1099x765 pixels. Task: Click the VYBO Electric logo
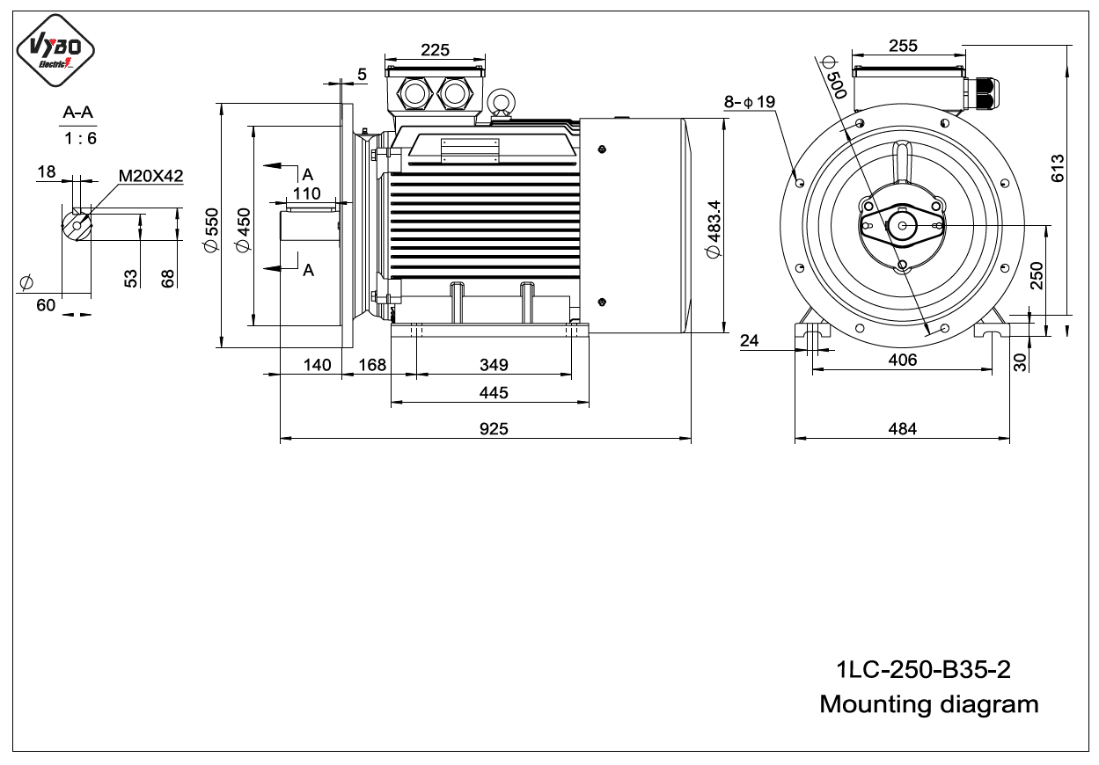(x=55, y=50)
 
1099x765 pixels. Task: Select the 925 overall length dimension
(x=494, y=429)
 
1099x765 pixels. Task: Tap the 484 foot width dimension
(x=902, y=429)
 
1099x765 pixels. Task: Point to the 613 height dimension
(x=1058, y=168)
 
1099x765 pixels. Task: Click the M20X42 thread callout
(x=150, y=176)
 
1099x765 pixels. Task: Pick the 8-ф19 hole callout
(x=749, y=102)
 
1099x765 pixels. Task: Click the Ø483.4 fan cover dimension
(x=714, y=229)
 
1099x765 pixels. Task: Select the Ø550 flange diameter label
(x=211, y=230)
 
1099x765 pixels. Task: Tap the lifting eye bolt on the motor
(x=501, y=103)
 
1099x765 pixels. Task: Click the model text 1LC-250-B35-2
(x=923, y=669)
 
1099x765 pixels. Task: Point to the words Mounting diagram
(x=929, y=704)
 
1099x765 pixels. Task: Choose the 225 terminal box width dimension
(x=435, y=50)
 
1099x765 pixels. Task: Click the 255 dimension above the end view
(x=903, y=46)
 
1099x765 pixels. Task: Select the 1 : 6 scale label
(x=80, y=138)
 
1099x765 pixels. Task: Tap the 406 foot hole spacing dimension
(x=902, y=360)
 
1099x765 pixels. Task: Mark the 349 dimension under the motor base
(x=494, y=365)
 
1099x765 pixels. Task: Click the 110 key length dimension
(x=306, y=193)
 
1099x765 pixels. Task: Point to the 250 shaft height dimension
(x=1037, y=275)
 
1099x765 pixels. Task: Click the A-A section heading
(x=77, y=113)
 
